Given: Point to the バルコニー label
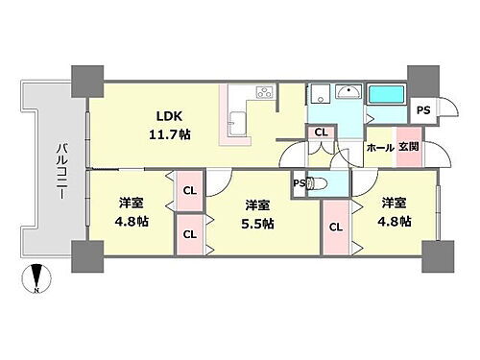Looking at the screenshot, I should coord(60,170).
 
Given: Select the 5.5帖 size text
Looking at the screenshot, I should coord(257,224).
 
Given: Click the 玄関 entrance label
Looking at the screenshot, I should coord(409,149).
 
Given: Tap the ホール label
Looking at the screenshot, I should coord(379,149).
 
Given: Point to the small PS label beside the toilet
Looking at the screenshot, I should coord(299,181).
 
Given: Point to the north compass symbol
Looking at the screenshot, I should coord(36,278).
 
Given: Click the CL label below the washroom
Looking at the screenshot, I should coord(321,133).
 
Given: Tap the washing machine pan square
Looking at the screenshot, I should coord(318,93).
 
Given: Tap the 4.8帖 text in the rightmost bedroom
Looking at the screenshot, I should coord(394,222).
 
